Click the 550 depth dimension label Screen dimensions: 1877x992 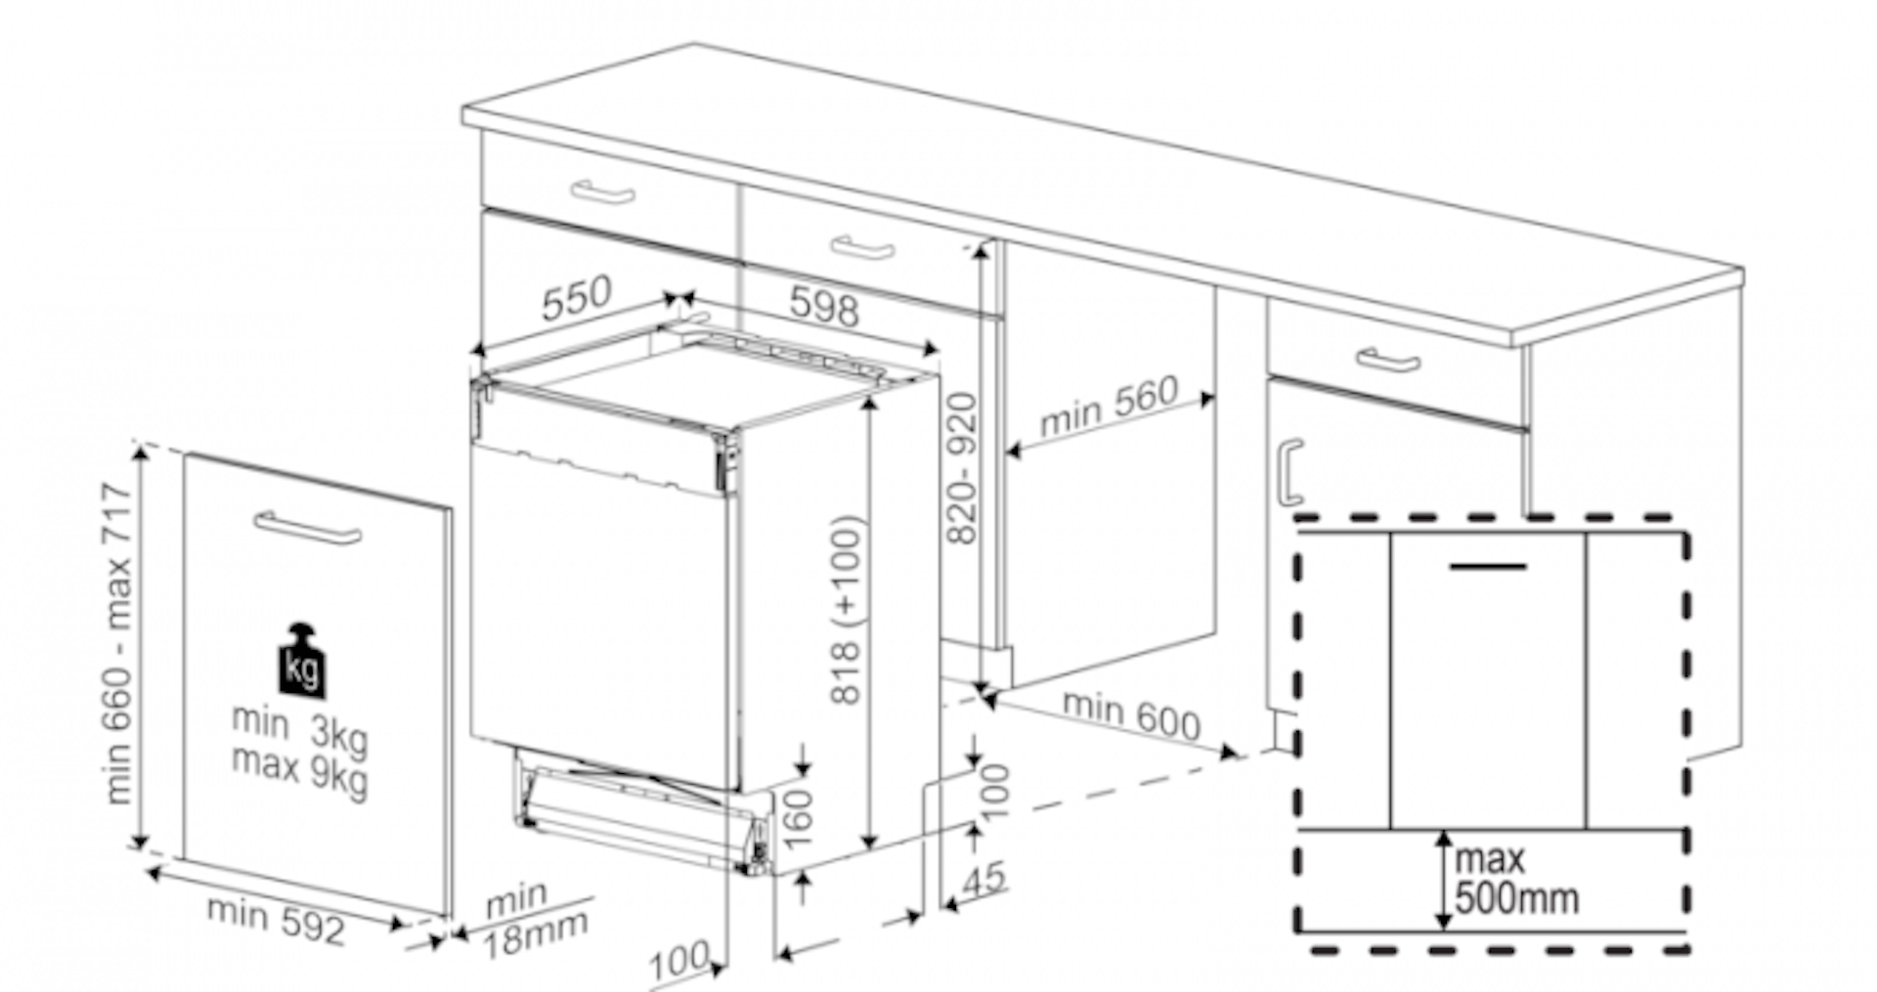(577, 298)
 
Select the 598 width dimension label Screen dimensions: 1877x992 (824, 306)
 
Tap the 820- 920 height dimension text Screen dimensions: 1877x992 (963, 468)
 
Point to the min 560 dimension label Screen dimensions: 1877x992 (1109, 407)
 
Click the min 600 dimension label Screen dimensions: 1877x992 (1131, 714)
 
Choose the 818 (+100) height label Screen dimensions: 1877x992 (847, 610)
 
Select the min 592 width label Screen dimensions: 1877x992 (277, 920)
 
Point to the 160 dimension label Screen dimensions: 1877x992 (798, 818)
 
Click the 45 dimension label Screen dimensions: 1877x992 (983, 879)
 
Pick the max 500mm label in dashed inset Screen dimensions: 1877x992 (1515, 879)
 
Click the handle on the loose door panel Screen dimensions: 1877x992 (307, 527)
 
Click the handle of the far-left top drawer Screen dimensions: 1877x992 (602, 193)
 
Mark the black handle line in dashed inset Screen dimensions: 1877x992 (1487, 566)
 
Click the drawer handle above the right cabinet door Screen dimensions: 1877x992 (1388, 360)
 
